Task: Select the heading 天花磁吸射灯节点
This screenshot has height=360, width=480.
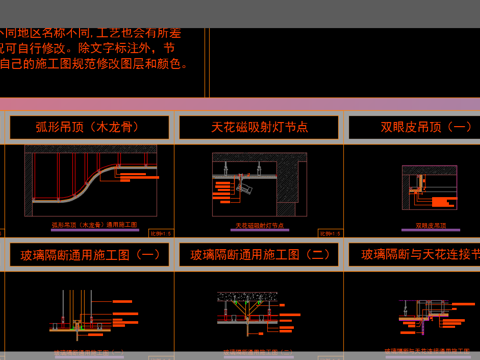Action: [259, 127]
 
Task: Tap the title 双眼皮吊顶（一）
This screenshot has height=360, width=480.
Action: [411, 127]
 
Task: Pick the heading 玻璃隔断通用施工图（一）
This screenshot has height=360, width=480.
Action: [91, 255]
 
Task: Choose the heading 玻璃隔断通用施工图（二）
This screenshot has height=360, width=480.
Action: [259, 255]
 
